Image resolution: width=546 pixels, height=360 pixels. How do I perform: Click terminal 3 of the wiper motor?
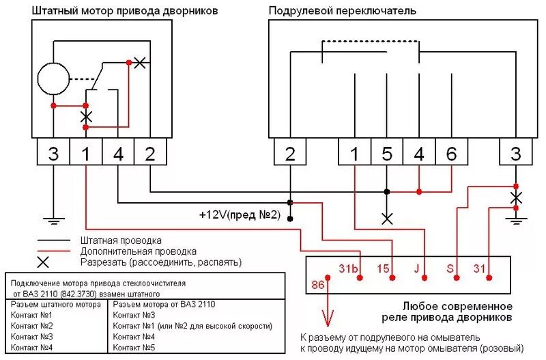pyautogui.click(x=53, y=154)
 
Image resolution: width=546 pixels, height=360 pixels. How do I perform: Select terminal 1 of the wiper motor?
pyautogui.click(x=85, y=154)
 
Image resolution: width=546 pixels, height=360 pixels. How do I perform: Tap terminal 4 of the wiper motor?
pyautogui.click(x=118, y=154)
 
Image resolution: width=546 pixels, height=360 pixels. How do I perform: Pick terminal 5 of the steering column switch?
pyautogui.click(x=387, y=154)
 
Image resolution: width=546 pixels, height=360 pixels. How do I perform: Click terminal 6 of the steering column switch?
pyautogui.click(x=451, y=154)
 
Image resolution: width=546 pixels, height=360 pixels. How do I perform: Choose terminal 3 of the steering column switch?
pyautogui.click(x=516, y=154)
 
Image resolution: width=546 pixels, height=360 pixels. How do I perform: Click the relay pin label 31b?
pyautogui.click(x=348, y=267)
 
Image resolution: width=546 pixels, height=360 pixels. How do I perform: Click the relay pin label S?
pyautogui.click(x=450, y=267)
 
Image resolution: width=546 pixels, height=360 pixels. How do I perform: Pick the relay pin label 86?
pyautogui.click(x=317, y=284)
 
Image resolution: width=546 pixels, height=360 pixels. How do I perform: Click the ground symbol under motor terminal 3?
pyautogui.click(x=53, y=220)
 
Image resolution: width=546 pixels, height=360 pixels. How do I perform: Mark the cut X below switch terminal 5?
pyautogui.click(x=387, y=219)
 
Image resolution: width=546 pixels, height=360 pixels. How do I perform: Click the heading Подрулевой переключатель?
pyautogui.click(x=342, y=10)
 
